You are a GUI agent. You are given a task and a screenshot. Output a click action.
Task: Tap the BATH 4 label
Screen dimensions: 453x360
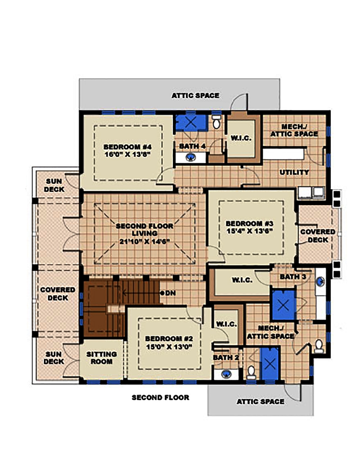pos(192,146)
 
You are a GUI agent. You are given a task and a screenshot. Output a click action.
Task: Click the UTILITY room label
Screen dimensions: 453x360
pos(294,172)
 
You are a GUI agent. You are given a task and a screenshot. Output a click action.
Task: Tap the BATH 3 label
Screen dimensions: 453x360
pos(293,277)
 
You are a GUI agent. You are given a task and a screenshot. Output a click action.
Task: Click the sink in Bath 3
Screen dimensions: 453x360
pos(320,281)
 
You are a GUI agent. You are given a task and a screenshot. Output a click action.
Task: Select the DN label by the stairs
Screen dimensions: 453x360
pos(170,293)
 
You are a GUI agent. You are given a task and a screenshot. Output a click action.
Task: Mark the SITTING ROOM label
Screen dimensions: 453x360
pos(102,358)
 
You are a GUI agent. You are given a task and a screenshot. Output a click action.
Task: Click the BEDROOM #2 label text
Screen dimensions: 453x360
pos(169,339)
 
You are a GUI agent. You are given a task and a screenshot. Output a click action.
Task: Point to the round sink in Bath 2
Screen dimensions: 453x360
pos(226,374)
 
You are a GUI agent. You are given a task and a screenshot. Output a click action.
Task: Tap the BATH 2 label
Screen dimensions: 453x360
pos(226,358)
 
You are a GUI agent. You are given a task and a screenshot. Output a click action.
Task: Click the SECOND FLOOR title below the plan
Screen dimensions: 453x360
pos(160,398)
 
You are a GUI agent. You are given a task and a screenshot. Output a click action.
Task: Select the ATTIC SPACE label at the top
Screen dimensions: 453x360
pos(195,96)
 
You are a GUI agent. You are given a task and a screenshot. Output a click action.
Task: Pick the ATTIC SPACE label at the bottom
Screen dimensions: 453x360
pos(260,402)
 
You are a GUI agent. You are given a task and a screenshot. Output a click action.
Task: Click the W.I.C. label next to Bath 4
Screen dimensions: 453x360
pos(241,138)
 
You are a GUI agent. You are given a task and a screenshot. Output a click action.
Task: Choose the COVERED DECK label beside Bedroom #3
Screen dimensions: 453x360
pos(318,236)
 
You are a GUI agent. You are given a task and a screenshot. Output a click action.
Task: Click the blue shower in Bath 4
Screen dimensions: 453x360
pos(191,122)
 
